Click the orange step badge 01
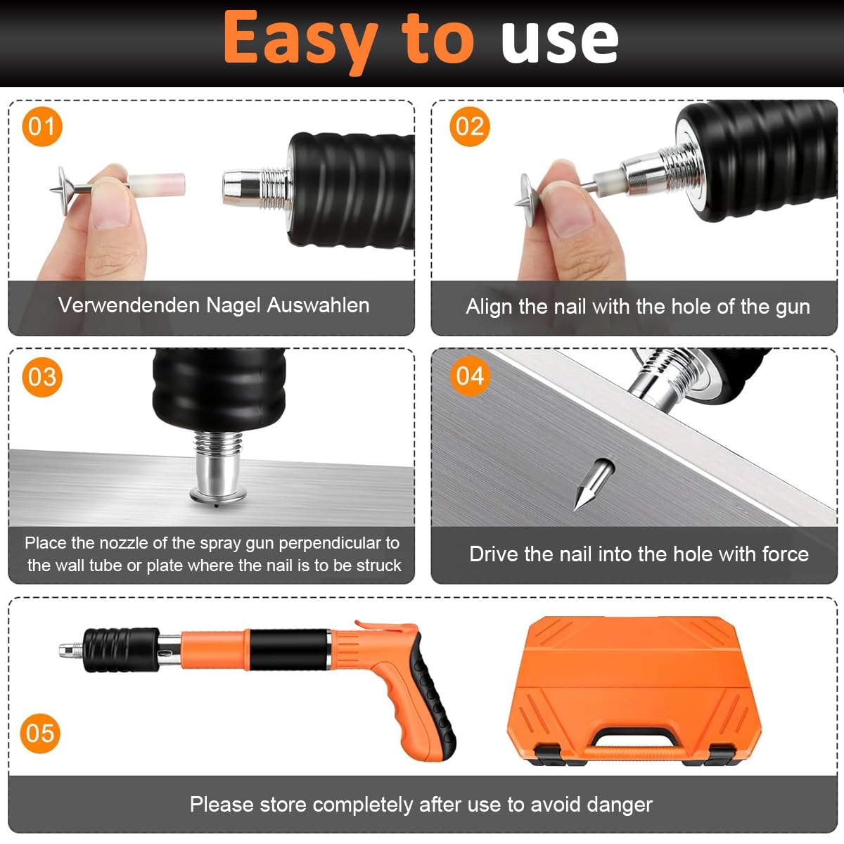tap(42, 127)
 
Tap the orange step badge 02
tap(469, 127)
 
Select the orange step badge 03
tap(42, 377)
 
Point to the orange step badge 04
tap(469, 376)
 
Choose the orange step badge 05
tap(40, 734)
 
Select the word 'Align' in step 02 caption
tap(489, 307)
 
